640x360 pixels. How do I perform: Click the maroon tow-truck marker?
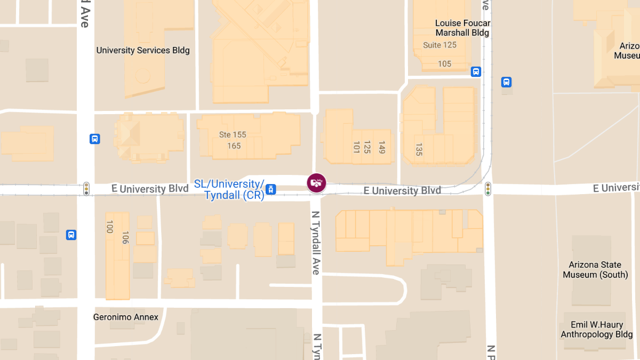tap(316, 183)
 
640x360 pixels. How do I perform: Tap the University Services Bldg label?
tap(143, 51)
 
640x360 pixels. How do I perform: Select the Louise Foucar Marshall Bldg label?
tap(462, 28)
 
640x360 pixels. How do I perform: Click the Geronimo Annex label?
tap(126, 317)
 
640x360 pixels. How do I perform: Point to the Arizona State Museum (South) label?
tap(595, 270)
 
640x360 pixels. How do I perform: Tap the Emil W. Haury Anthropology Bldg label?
tap(596, 330)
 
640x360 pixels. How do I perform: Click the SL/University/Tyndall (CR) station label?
tap(229, 189)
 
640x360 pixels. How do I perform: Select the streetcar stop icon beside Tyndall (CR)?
tap(271, 189)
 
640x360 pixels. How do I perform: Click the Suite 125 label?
tap(440, 45)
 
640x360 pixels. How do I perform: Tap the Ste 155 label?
tap(233, 135)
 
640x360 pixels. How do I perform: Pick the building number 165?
tap(234, 146)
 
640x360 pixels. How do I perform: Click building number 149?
tap(381, 147)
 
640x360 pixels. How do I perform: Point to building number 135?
tap(419, 149)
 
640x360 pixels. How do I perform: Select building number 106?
tap(125, 237)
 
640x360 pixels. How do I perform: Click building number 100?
tap(110, 227)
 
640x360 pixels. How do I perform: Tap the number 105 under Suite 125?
tap(444, 64)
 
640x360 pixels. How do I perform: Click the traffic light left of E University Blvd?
tap(86, 189)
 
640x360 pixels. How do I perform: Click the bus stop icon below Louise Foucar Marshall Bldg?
tap(476, 71)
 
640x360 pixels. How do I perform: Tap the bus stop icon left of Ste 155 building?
tap(94, 139)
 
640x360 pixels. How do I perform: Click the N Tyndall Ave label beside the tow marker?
tap(316, 243)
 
